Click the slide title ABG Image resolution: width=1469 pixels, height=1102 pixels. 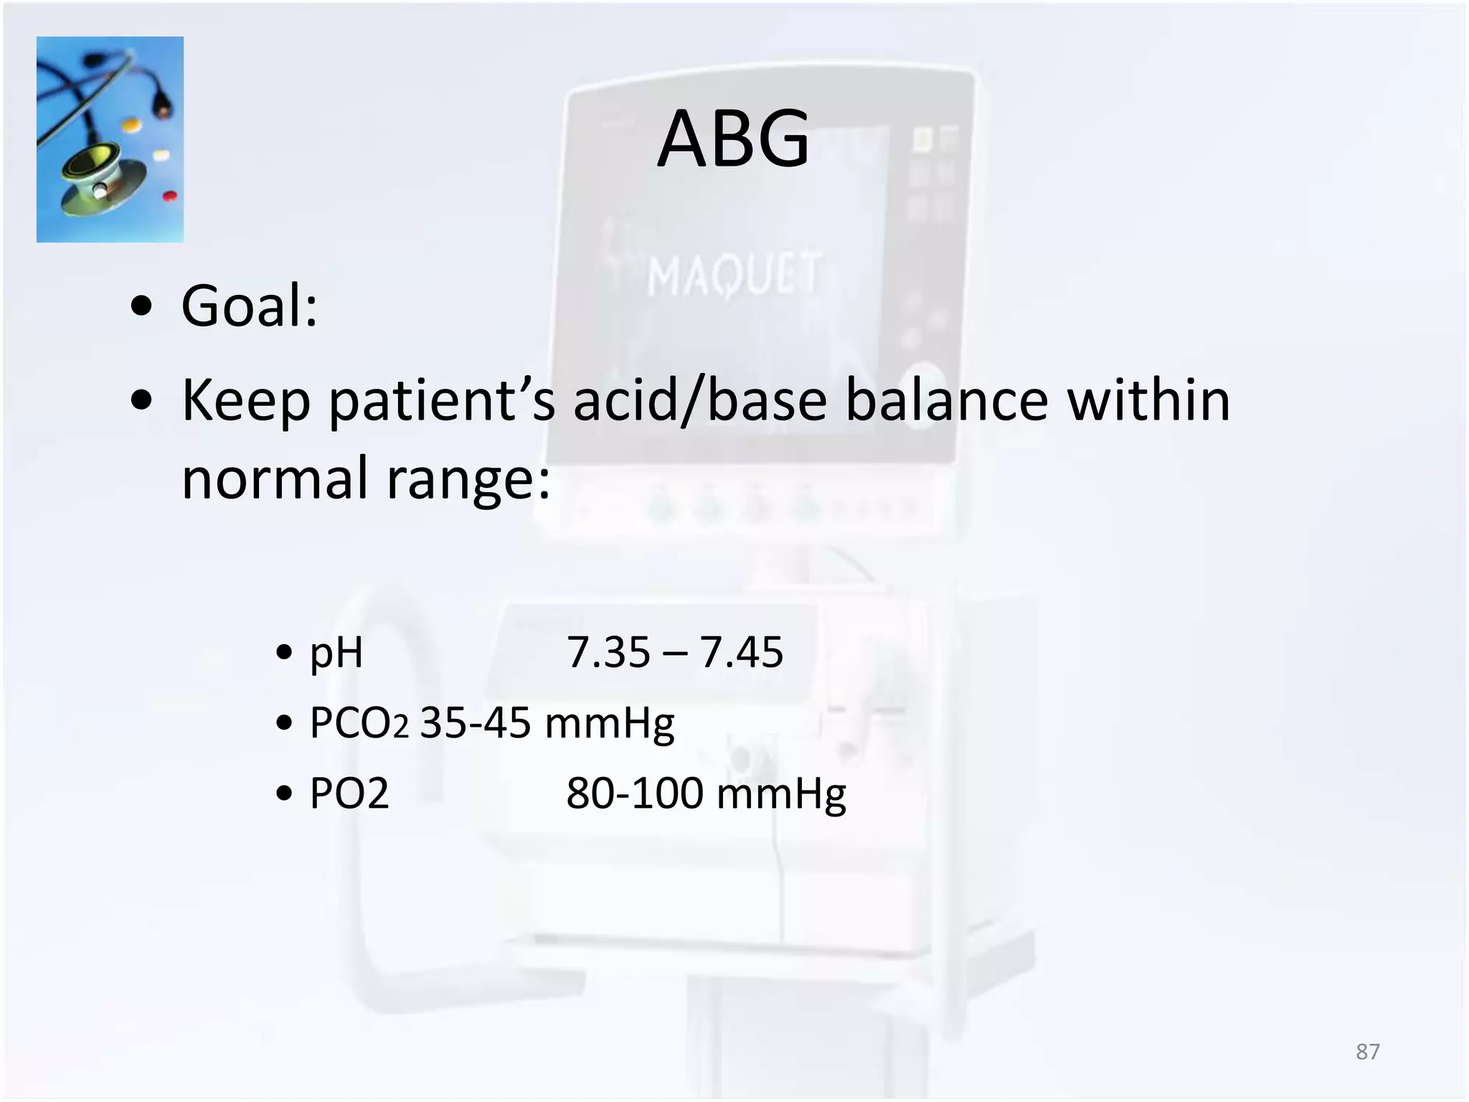click(x=733, y=138)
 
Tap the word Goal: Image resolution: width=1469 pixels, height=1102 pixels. click(x=249, y=306)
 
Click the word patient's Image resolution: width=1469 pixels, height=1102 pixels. click(x=441, y=400)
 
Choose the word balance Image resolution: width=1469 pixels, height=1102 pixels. click(x=947, y=400)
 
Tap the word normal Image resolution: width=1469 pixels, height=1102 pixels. click(x=275, y=478)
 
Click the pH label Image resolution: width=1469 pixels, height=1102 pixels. click(x=336, y=654)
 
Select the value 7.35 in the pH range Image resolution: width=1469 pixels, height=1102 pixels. click(x=608, y=652)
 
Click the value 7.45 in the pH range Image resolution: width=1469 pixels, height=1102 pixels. click(x=741, y=652)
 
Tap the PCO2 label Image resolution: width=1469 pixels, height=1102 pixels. click(x=359, y=722)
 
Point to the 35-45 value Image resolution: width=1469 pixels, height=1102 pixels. click(x=476, y=722)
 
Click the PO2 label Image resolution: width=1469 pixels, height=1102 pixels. click(x=349, y=793)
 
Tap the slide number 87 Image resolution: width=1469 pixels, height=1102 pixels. click(x=1367, y=1052)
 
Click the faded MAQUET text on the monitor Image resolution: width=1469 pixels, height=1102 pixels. click(x=733, y=275)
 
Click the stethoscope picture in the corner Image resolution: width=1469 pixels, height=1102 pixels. click(x=110, y=139)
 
